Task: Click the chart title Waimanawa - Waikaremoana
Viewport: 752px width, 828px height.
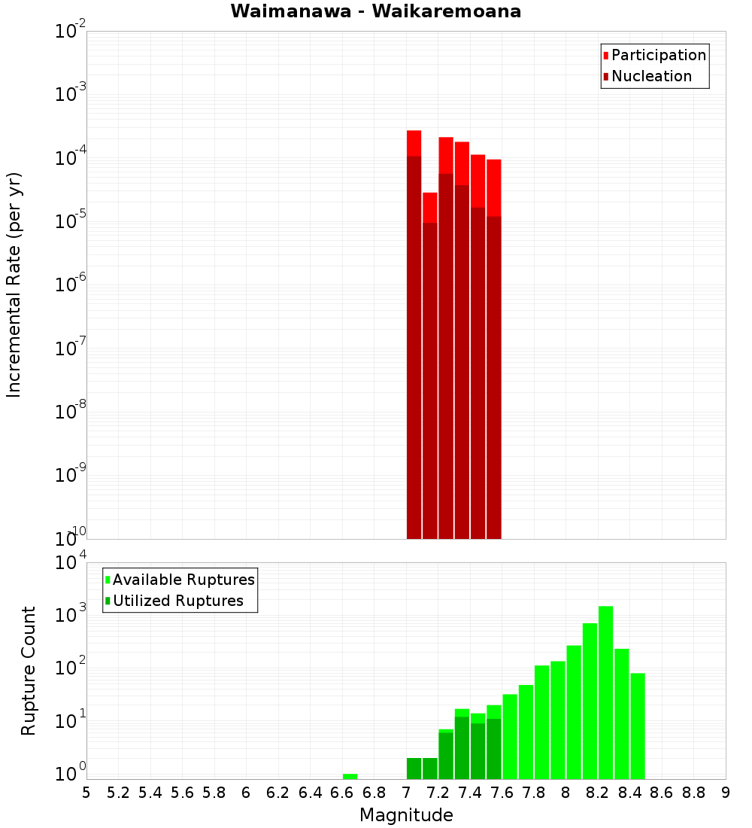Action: coord(376,11)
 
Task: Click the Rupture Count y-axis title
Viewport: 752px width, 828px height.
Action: coord(29,671)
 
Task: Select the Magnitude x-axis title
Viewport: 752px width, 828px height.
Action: coord(406,814)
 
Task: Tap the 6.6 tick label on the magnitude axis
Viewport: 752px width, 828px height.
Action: coord(342,793)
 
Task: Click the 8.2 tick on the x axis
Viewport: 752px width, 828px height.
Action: coord(598,793)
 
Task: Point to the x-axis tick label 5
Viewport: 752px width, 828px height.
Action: coord(86,793)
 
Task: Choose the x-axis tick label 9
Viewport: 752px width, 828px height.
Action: coord(726,793)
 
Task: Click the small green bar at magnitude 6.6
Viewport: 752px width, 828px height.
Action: coord(350,776)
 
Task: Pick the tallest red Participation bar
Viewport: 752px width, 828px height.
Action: coord(414,143)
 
